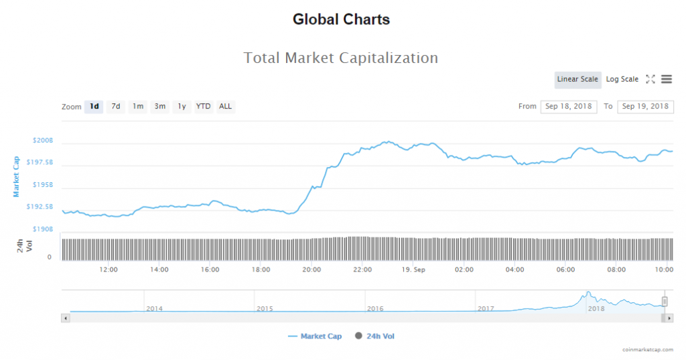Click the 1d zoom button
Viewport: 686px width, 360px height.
tap(94, 107)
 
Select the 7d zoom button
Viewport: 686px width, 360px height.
tap(116, 107)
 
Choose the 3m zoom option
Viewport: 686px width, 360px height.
tap(159, 107)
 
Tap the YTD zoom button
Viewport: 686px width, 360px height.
tap(203, 107)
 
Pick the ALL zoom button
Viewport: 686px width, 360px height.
tap(226, 107)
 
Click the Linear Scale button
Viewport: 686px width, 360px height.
tap(577, 80)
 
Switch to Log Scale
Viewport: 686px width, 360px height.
tap(622, 80)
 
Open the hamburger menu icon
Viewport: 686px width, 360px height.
tap(667, 79)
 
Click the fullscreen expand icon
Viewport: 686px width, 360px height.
tap(650, 79)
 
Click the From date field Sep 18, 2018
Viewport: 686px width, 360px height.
tap(569, 107)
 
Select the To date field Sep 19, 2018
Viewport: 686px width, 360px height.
tap(645, 107)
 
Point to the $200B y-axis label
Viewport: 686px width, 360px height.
tap(43, 141)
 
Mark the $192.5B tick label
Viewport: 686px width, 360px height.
tap(40, 206)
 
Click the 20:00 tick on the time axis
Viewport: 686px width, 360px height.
tap(312, 269)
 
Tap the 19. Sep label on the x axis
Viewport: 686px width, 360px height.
tap(413, 269)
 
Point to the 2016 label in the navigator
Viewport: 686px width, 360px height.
tap(375, 308)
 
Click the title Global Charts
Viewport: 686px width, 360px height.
tap(342, 19)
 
